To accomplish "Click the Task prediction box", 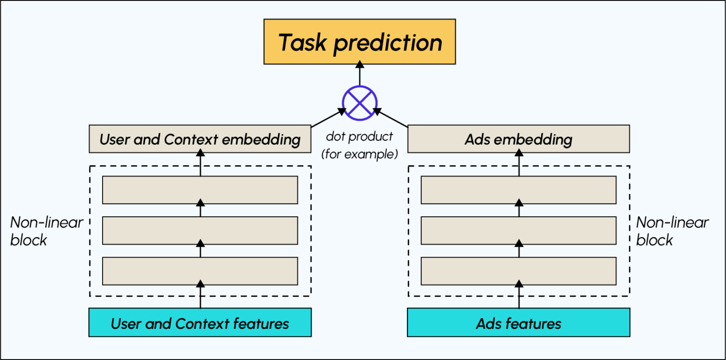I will point(360,42).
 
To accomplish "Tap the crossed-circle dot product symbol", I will point(360,103).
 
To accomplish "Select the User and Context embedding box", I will point(200,139).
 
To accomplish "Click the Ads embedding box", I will point(519,139).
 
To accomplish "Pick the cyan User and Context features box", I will point(200,323).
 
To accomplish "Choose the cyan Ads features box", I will point(519,323).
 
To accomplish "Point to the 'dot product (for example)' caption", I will point(360,146).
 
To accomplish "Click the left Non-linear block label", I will point(46,231).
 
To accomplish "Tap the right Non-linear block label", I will point(672,231).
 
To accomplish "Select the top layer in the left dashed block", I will point(200,190).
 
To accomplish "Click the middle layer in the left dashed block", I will point(200,231).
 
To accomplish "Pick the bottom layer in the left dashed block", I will point(200,271).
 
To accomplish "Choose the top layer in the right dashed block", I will point(519,190).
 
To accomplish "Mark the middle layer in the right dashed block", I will point(519,231).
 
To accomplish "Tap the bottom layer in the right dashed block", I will point(519,271).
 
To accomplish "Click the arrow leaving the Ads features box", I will point(519,295).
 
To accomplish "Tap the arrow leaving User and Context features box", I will point(200,295).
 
